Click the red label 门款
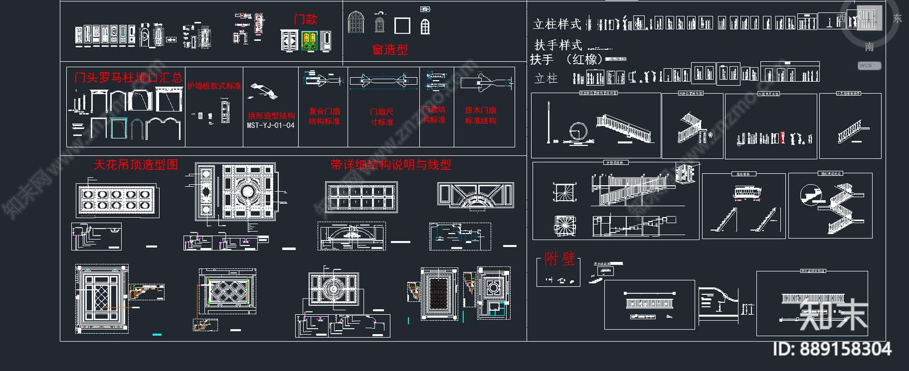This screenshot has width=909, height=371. pyautogui.click(x=305, y=19)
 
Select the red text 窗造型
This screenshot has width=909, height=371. pyautogui.click(x=390, y=50)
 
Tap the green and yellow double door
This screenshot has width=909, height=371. pyautogui.click(x=309, y=41)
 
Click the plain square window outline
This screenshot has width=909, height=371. pyautogui.click(x=402, y=26)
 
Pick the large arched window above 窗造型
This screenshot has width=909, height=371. pyautogui.click(x=356, y=22)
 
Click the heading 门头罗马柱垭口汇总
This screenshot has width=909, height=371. pyautogui.click(x=128, y=77)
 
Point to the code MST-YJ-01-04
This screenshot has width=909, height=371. pyautogui.click(x=270, y=126)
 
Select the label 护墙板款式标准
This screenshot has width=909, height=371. pyautogui.click(x=214, y=86)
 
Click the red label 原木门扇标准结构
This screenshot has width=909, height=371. pyautogui.click(x=481, y=115)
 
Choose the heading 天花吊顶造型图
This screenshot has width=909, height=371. pyautogui.click(x=136, y=165)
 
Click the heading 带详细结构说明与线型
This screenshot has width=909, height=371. pyautogui.click(x=391, y=165)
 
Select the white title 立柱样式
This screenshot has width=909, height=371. pyautogui.click(x=557, y=24)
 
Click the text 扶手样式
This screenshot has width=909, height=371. pyautogui.click(x=558, y=45)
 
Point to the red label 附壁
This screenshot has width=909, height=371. pyautogui.click(x=560, y=259)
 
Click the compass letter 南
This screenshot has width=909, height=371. pyautogui.click(x=869, y=47)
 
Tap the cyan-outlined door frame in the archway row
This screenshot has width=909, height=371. pyautogui.click(x=119, y=128)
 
